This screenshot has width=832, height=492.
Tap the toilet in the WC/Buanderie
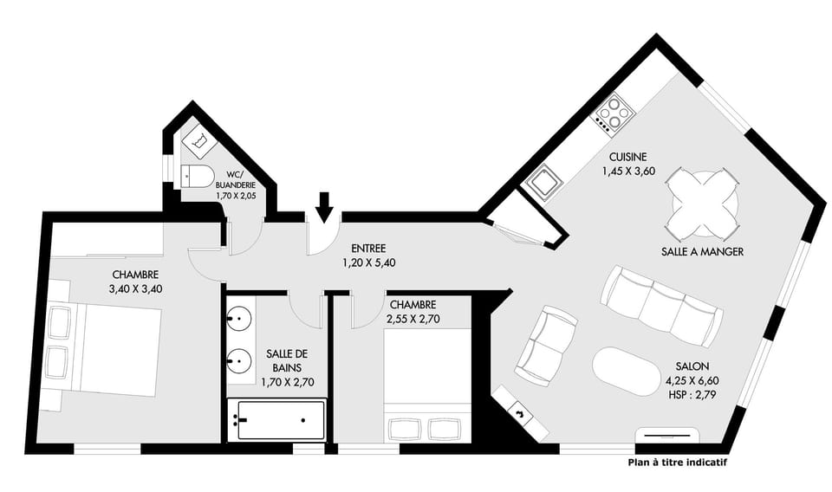tap(198, 178)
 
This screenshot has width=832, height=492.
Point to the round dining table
tap(705, 204)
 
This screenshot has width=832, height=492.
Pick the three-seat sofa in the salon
tap(661, 306)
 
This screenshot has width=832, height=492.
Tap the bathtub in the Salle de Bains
tap(276, 420)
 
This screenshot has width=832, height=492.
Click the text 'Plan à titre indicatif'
tap(676, 463)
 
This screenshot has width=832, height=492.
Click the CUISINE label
tap(627, 157)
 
